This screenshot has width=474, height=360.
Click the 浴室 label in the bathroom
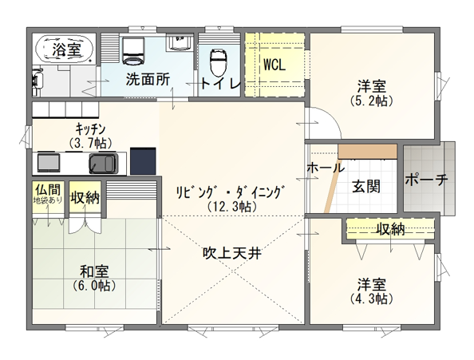pyautogui.click(x=66, y=49)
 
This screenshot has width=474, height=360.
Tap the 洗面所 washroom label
pyautogui.click(x=147, y=80)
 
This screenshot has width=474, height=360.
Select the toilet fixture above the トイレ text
pyautogui.click(x=216, y=60)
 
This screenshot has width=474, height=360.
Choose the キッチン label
pyautogui.click(x=91, y=129)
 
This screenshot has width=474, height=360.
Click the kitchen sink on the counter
pyautogui.click(x=103, y=164)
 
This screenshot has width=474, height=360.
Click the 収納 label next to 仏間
pyautogui.click(x=84, y=197)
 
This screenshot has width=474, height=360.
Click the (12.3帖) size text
pyautogui.click(x=231, y=206)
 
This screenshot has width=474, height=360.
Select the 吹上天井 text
pyautogui.click(x=231, y=253)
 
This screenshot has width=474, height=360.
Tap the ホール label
pyautogui.click(x=325, y=168)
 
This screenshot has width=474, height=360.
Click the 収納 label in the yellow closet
pyautogui.click(x=390, y=230)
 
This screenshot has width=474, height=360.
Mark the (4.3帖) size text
pyautogui.click(x=372, y=299)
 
